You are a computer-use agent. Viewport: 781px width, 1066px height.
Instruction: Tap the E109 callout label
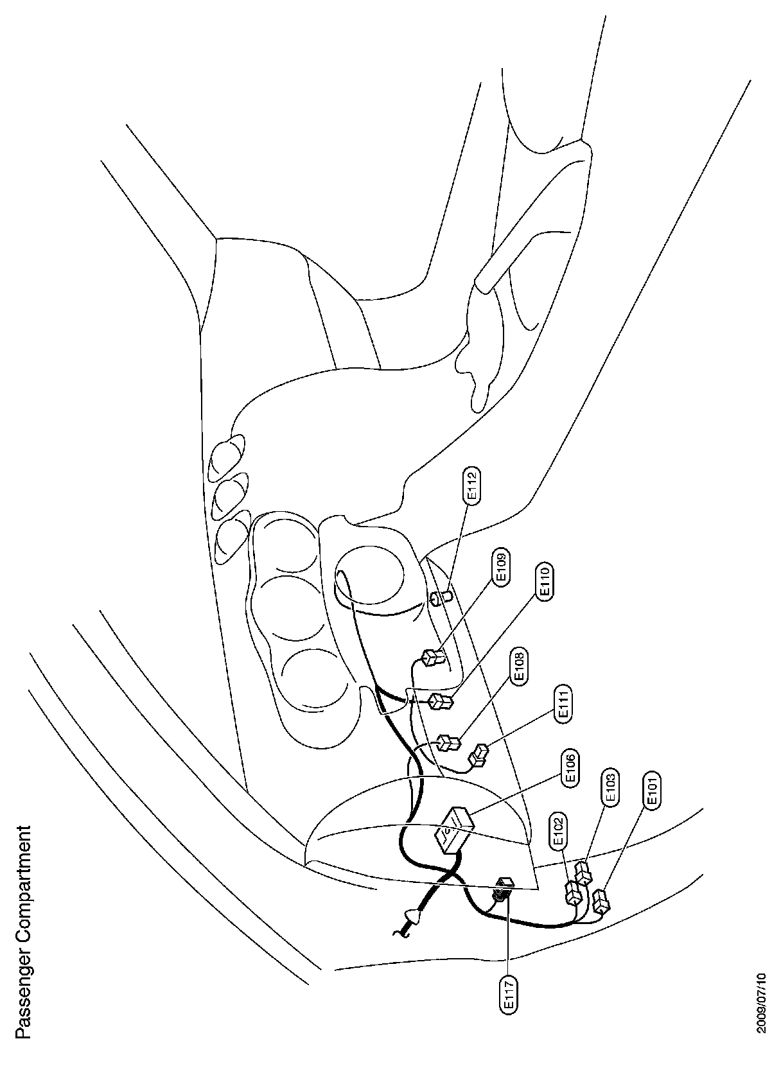pos(502,566)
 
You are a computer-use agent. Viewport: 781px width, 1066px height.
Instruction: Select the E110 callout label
pos(546,582)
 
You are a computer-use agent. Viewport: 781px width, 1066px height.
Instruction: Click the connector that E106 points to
pos(453,830)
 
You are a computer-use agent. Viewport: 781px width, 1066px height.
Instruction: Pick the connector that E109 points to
pos(434,659)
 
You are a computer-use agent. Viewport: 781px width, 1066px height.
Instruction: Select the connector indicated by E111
pos(479,756)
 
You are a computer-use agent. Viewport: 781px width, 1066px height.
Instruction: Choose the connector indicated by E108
pos(448,744)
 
